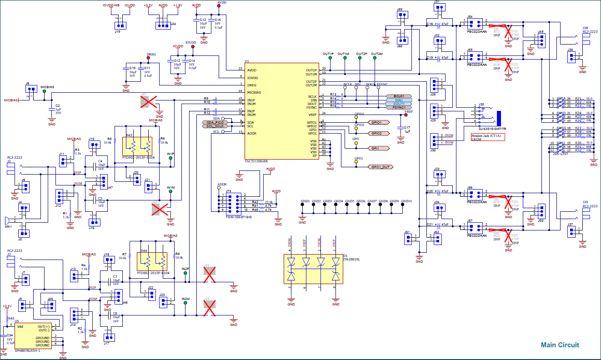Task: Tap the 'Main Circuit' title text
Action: pos(560,345)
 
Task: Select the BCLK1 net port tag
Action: pos(399,96)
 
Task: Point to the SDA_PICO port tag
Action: pos(213,122)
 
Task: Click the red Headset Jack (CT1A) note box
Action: pos(488,137)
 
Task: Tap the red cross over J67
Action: pos(148,102)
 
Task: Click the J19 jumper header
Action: pos(119,25)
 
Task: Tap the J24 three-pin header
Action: pos(162,25)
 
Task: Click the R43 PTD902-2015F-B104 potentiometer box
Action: pos(138,146)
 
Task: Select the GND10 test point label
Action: pos(406,201)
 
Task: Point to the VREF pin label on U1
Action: pos(312,115)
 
